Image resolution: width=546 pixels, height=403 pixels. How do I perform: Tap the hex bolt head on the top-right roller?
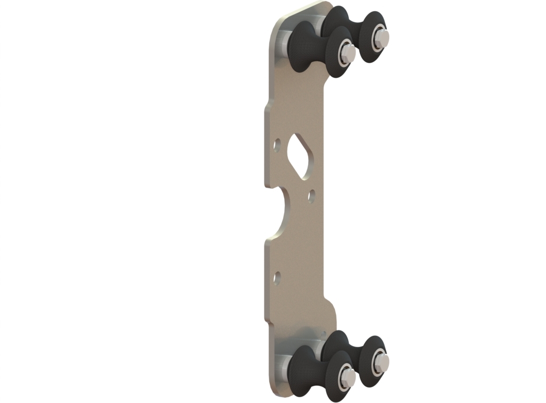(x=381, y=36)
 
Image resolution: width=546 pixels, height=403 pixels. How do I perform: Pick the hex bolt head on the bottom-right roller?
(x=381, y=361)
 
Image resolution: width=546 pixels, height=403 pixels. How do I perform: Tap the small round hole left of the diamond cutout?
(x=277, y=144)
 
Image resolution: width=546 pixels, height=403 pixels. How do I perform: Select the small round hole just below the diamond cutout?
(x=311, y=197)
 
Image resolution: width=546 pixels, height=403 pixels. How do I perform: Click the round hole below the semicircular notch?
(x=277, y=276)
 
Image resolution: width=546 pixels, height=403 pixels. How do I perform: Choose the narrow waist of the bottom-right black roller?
(x=355, y=354)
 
